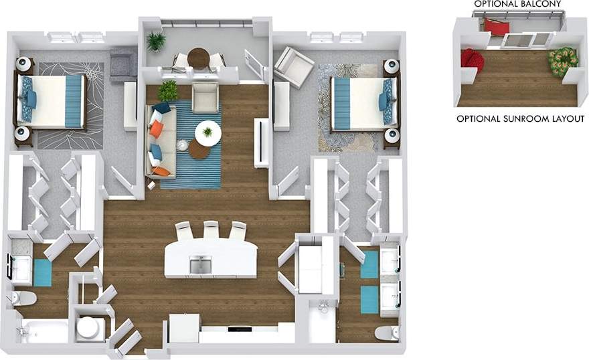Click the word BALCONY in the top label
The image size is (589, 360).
537,4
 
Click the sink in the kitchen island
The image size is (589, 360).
200,266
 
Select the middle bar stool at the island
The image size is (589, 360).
211,230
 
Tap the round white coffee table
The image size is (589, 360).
207,132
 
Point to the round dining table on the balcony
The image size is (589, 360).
199,57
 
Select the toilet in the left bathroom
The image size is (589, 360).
23,298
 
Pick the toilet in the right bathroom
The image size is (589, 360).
388,333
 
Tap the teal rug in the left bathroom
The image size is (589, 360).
42,272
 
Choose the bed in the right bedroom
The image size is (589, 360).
362,104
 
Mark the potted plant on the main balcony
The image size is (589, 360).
157,41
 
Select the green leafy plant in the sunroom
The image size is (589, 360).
562,61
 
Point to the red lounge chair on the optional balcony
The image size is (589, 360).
496,27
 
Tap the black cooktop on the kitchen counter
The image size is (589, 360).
239,329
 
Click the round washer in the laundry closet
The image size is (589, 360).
88,328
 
